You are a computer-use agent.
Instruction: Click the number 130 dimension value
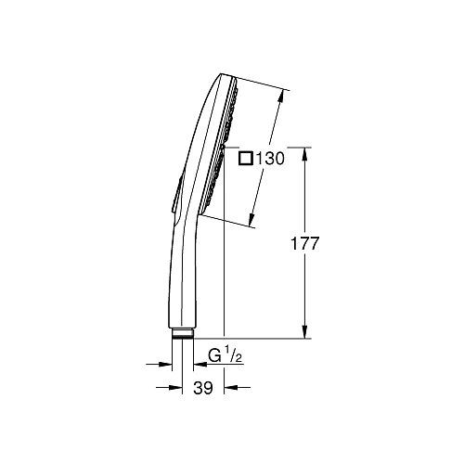(x=269, y=159)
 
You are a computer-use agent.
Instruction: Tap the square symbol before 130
(x=245, y=159)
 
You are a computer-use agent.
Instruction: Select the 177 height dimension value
(x=304, y=244)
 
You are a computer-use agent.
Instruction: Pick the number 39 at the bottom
(x=203, y=389)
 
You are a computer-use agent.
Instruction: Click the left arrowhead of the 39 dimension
(x=168, y=389)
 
